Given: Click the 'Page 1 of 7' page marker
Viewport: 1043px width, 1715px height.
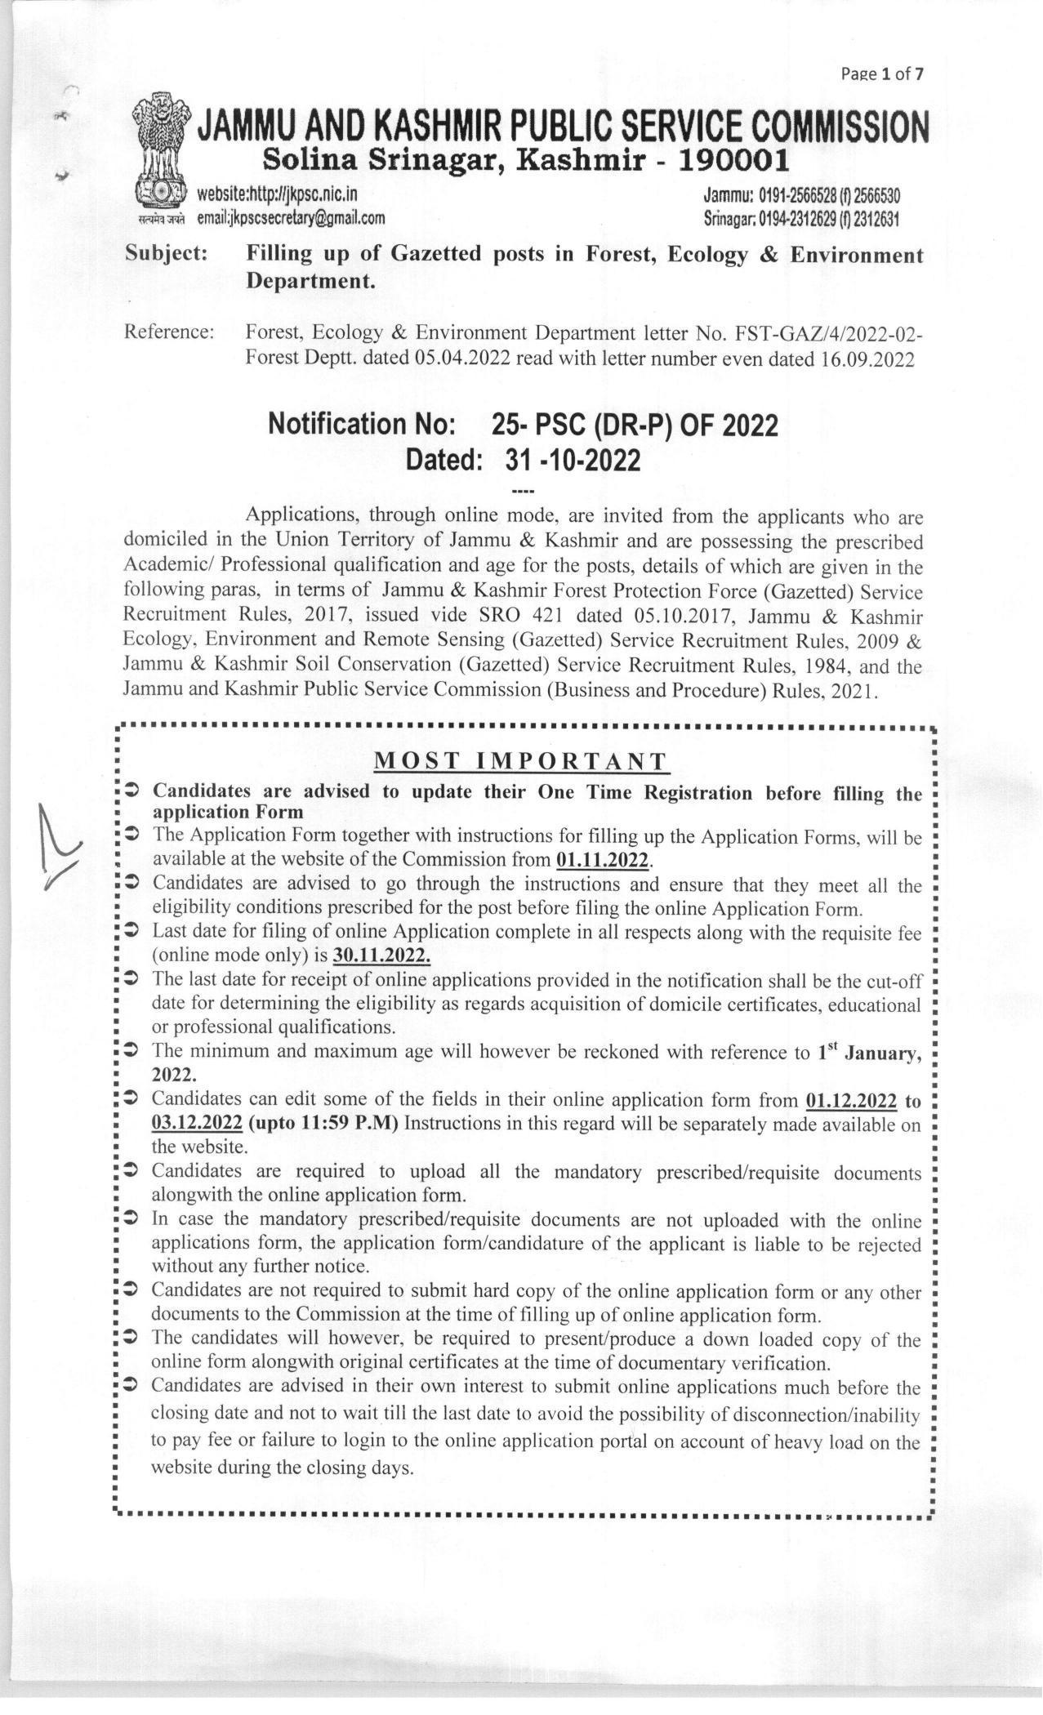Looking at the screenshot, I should [x=883, y=74].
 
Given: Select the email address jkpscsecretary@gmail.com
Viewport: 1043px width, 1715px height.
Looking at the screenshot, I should [x=291, y=218].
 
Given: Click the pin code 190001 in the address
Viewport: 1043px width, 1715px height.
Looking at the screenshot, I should [x=734, y=161].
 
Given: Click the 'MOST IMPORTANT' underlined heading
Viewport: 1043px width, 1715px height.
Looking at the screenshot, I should [x=521, y=760].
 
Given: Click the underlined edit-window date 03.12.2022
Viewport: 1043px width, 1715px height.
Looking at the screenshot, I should [x=197, y=1122].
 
